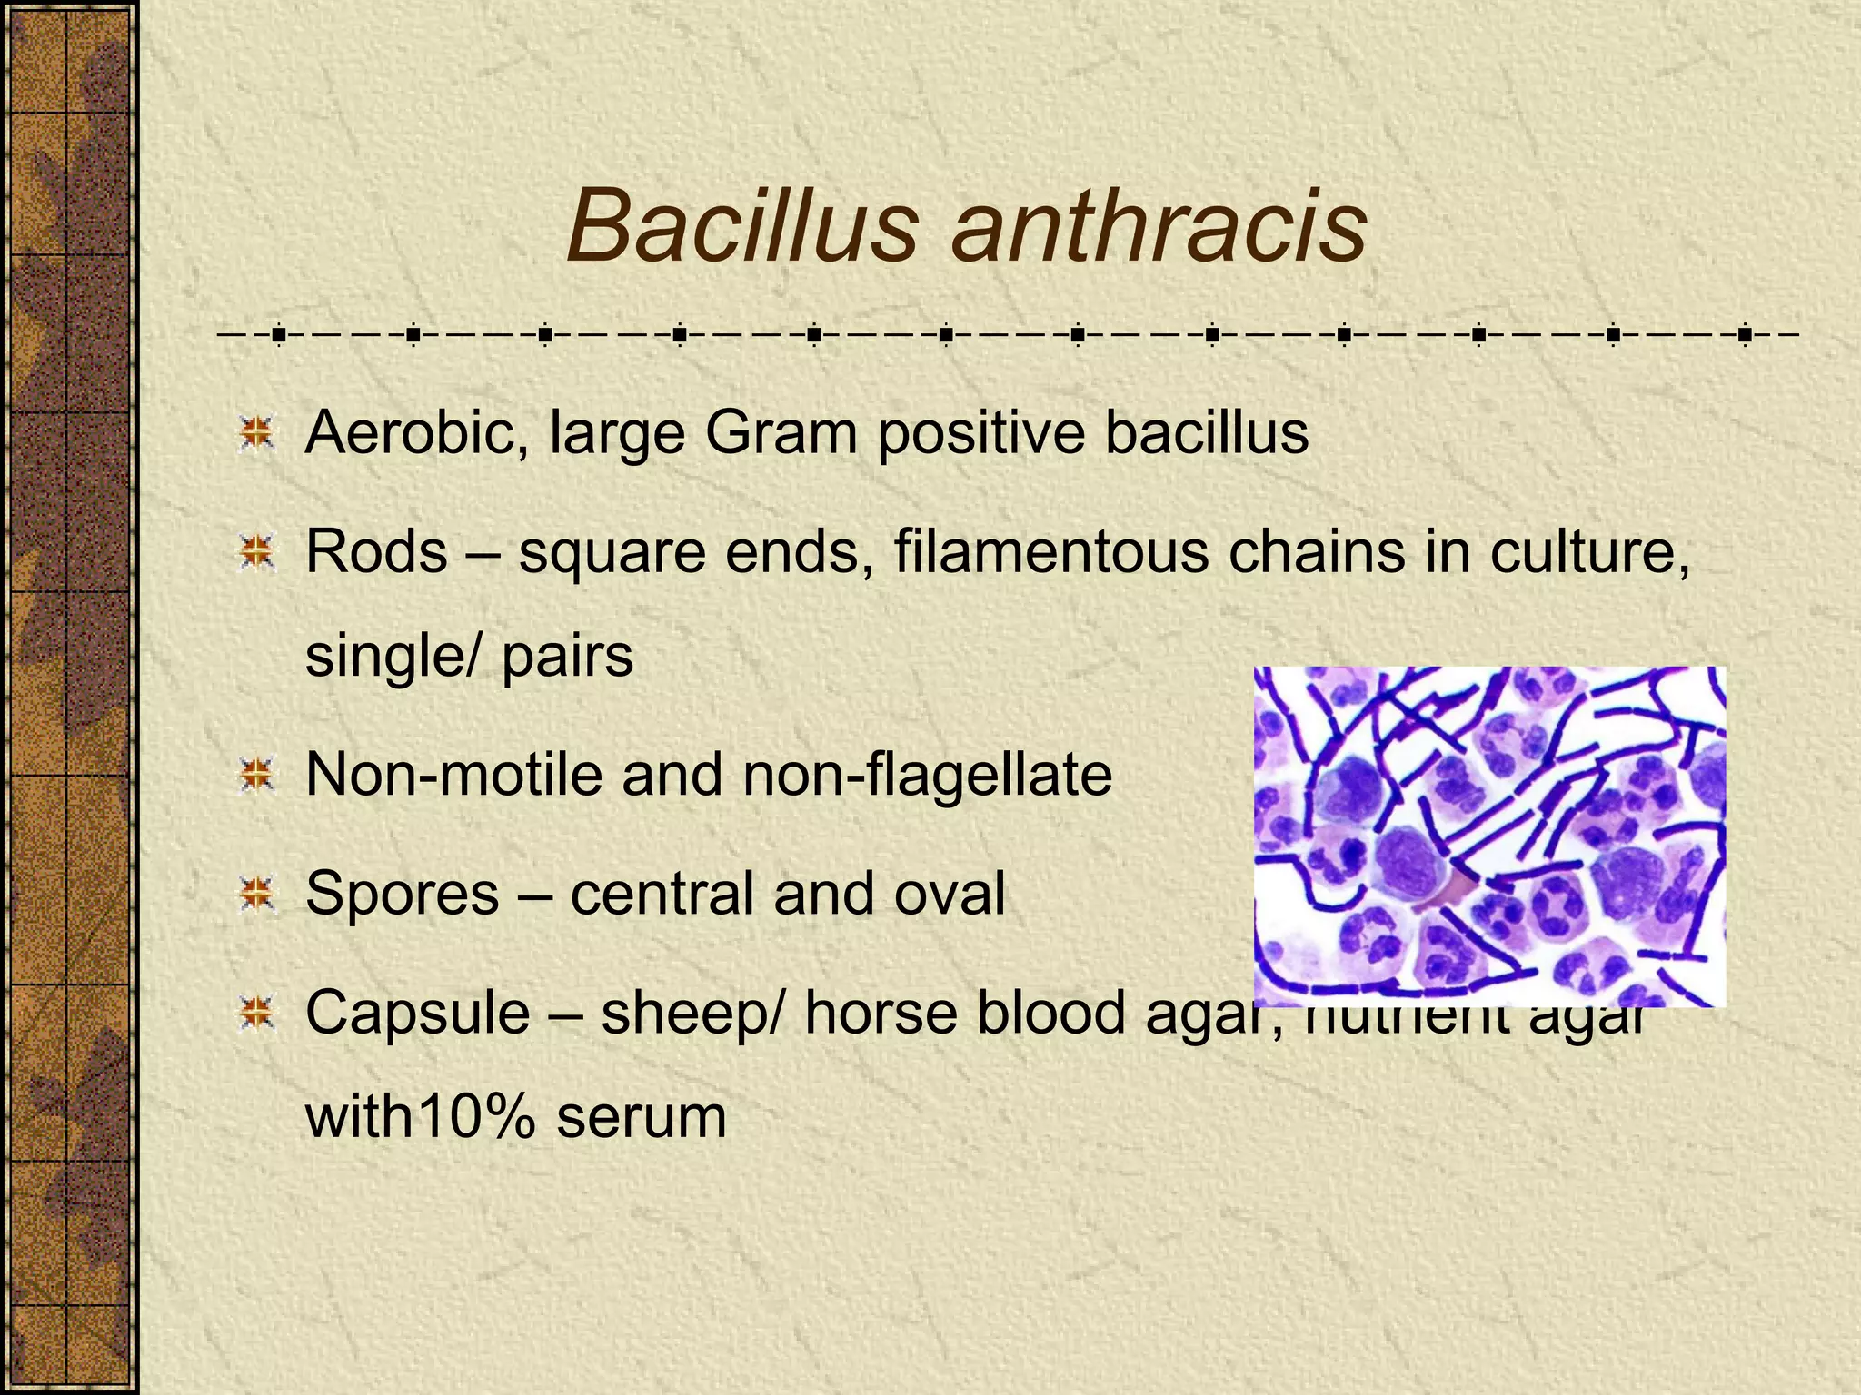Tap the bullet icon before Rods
pos(257,552)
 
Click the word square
pos(612,552)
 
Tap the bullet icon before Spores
pos(257,895)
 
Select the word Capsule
pos(418,1014)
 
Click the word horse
pos(881,1012)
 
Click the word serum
pos(642,1118)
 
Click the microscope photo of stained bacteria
pos(1489,836)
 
